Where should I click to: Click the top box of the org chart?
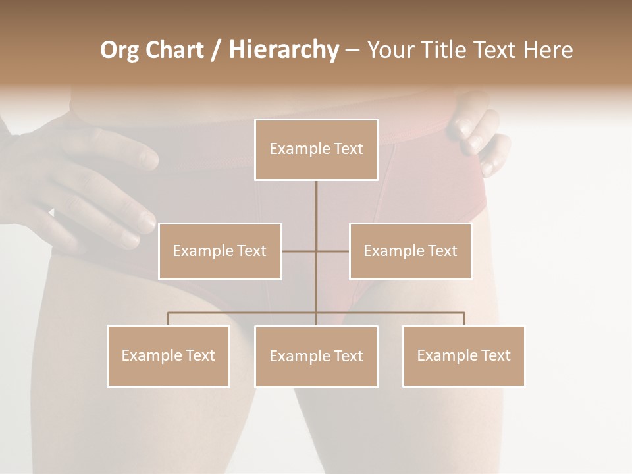[x=316, y=149]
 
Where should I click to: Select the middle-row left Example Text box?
[x=220, y=251]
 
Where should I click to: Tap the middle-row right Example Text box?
[x=410, y=251]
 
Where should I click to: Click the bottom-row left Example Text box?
[x=168, y=355]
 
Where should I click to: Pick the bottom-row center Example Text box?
[x=316, y=356]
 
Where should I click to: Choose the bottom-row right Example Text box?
[x=463, y=355]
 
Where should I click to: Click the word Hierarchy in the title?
[x=283, y=50]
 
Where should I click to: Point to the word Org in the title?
[x=119, y=50]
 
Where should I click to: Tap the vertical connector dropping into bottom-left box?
[x=168, y=319]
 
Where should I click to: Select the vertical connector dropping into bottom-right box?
[x=464, y=319]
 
